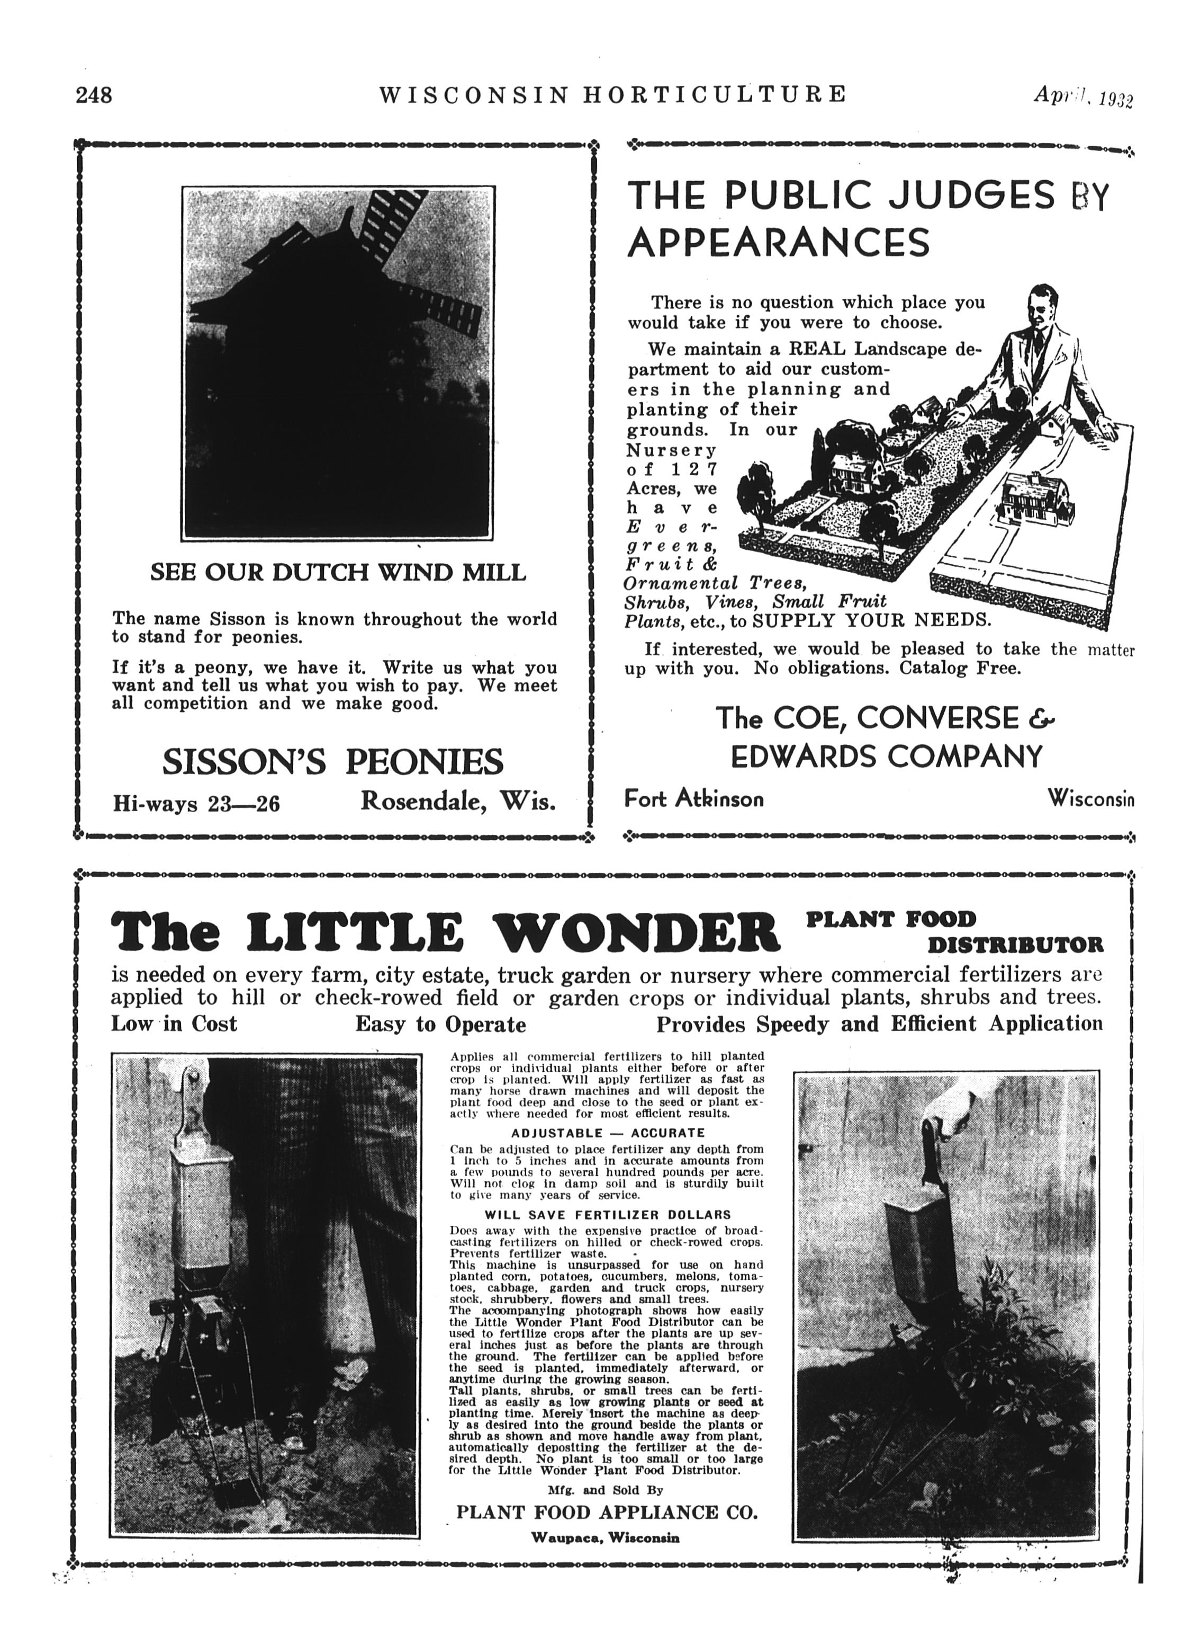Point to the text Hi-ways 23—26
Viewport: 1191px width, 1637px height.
click(196, 803)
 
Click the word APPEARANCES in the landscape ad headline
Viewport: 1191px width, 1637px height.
click(778, 243)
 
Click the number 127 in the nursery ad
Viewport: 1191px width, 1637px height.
click(691, 469)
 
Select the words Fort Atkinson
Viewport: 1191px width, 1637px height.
click(693, 798)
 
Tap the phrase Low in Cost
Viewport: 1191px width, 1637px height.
click(174, 1024)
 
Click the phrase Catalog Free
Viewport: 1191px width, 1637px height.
click(960, 668)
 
